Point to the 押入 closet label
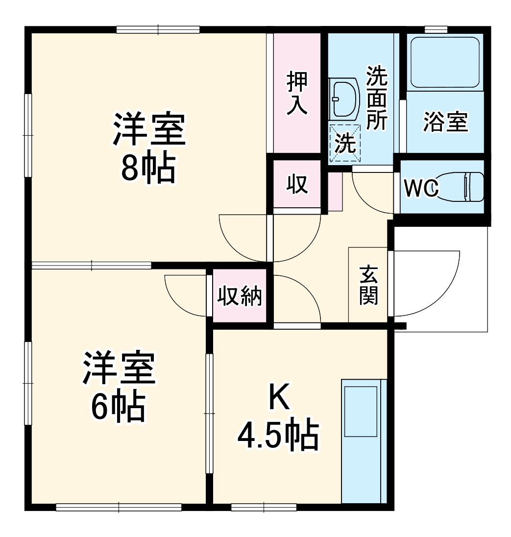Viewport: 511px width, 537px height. (x=297, y=93)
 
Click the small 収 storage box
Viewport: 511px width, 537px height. (x=297, y=184)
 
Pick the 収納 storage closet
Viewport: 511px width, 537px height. (x=240, y=296)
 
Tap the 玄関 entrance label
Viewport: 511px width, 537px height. (x=368, y=285)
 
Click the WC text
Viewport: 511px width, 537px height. (x=420, y=188)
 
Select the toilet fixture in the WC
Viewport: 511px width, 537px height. (x=463, y=187)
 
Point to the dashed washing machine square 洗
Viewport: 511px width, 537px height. (x=345, y=142)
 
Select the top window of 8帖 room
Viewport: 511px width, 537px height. (x=158, y=29)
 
